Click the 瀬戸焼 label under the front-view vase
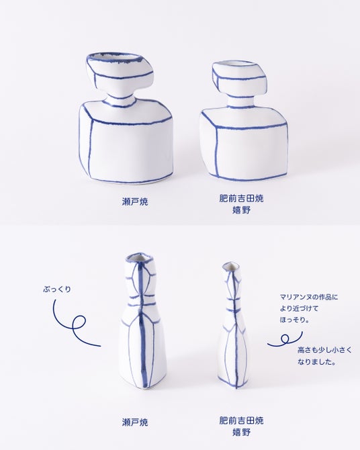pos(135,201)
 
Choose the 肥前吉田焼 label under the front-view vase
pos(241,198)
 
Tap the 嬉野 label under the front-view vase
pos(241,210)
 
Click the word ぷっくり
pos(57,289)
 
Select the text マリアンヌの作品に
pos(309,297)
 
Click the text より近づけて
pos(299,308)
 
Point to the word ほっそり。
pos(295,320)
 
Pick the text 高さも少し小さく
pos(324,350)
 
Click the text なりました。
pos(316,362)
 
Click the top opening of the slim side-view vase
pos(230,266)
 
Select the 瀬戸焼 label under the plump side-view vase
pos(135,422)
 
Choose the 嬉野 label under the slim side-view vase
pos(241,432)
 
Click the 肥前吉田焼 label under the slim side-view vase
pos(241,420)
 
